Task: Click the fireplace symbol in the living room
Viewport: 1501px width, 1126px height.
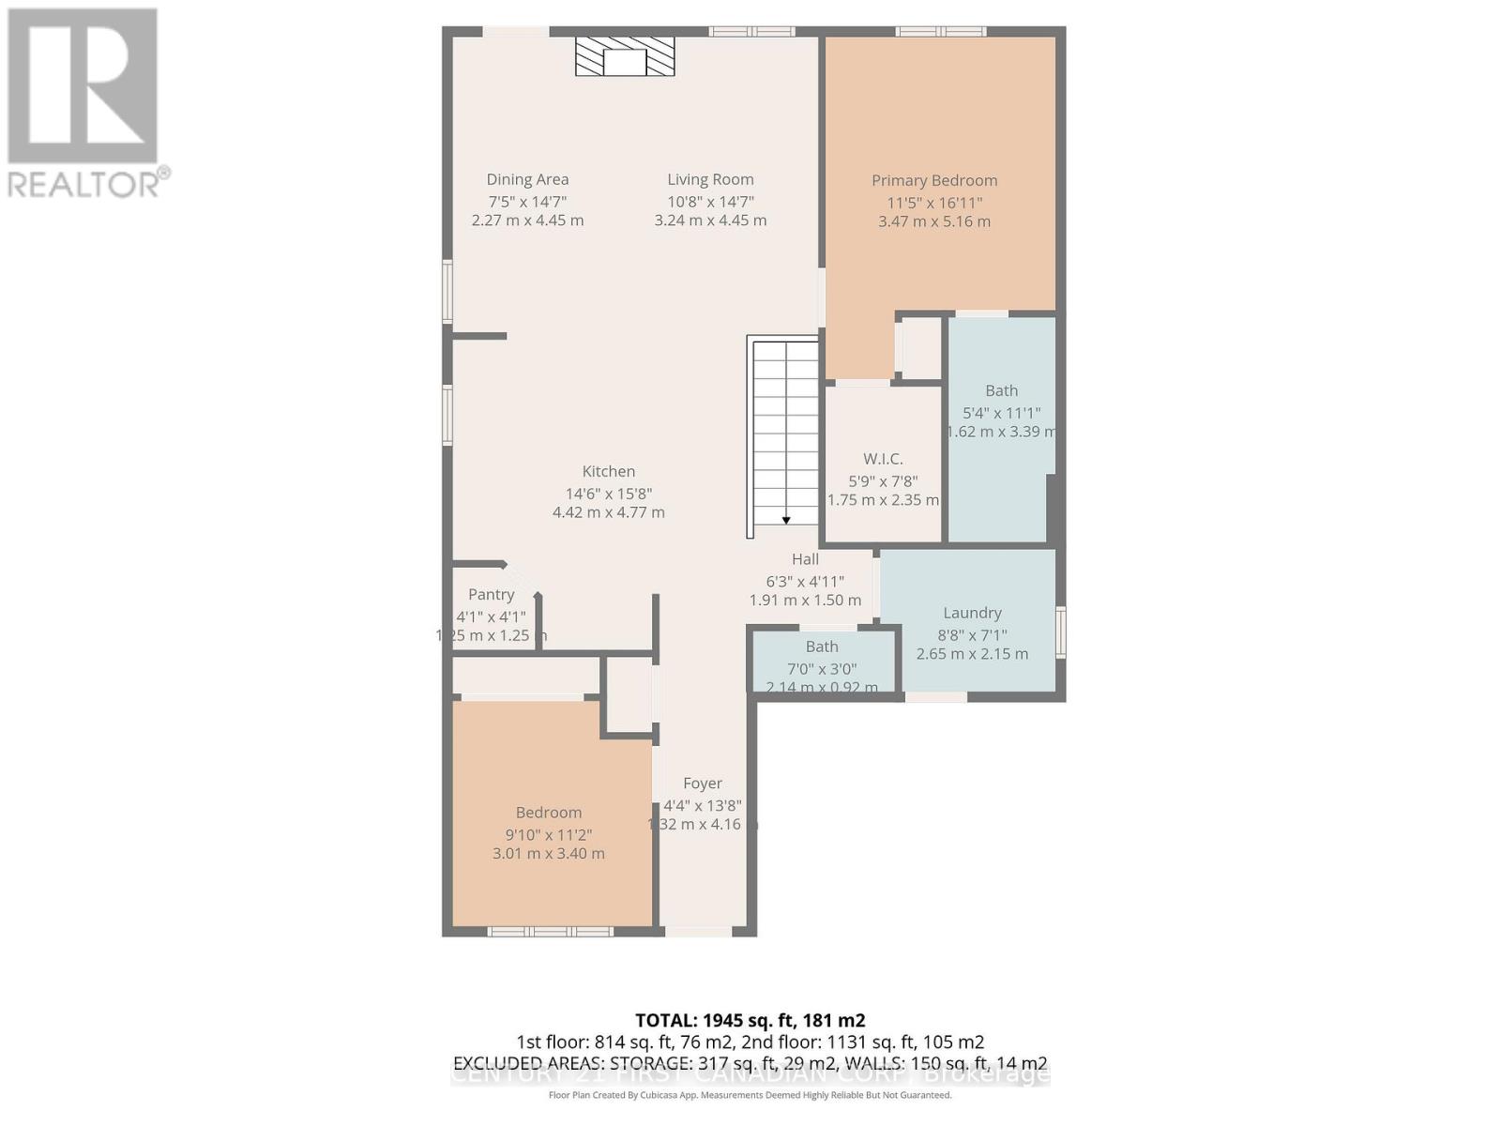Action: [625, 58]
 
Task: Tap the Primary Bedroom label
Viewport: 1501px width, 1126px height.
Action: [933, 180]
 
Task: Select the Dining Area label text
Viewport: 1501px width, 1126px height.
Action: [527, 179]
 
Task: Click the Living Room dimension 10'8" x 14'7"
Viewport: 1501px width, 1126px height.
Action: [710, 202]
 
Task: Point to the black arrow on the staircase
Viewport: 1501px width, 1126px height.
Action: [786, 520]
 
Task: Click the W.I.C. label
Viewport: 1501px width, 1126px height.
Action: [883, 459]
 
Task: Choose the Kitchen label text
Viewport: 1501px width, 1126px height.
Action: [608, 471]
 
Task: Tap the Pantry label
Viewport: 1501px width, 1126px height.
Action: [491, 594]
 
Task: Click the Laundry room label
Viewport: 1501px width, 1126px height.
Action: [972, 613]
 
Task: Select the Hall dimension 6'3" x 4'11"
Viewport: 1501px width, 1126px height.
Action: [805, 581]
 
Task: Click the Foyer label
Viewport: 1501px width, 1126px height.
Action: [703, 784]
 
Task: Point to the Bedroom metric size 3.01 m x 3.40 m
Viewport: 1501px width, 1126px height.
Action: [548, 854]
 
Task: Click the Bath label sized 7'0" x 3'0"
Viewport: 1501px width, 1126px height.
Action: [822, 647]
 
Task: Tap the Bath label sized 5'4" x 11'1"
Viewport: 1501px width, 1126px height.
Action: [1001, 390]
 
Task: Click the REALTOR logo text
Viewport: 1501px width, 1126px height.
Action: [89, 184]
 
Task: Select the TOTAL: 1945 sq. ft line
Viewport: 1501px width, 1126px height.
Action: [750, 1020]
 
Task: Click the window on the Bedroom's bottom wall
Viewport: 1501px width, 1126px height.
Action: [550, 932]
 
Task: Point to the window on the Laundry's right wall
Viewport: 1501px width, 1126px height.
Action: [1061, 631]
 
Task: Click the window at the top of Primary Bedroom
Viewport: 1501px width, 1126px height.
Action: [941, 32]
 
